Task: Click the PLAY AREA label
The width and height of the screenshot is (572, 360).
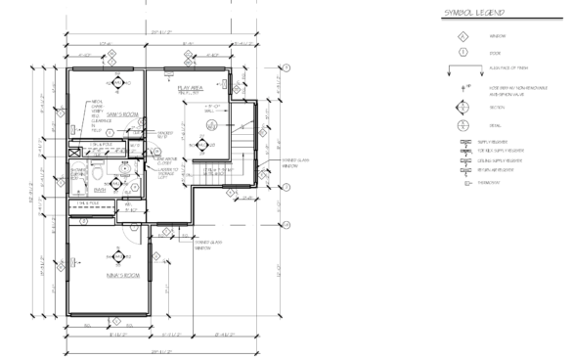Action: point(190,88)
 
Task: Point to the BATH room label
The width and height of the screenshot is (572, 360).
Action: point(100,190)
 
